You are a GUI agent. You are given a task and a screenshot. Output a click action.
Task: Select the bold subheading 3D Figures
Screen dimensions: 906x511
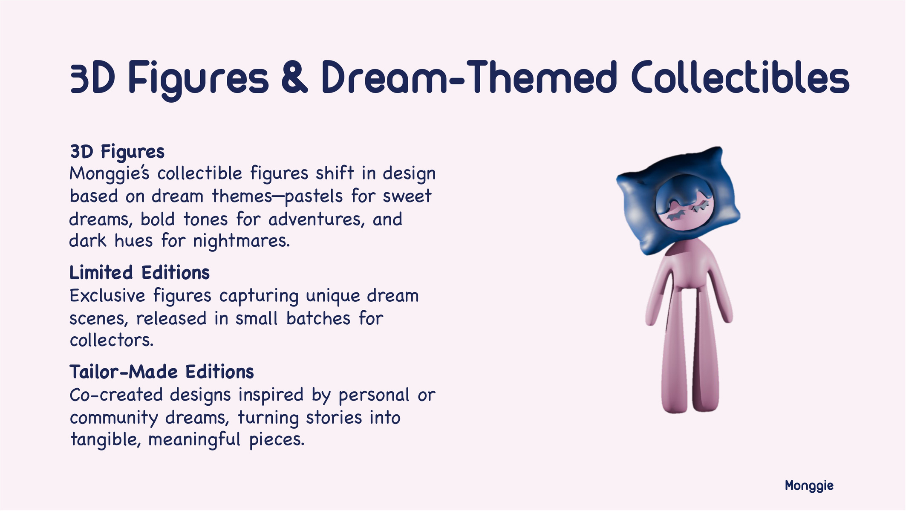pos(117,152)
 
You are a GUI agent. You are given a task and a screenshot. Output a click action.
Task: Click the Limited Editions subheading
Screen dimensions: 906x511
pos(139,273)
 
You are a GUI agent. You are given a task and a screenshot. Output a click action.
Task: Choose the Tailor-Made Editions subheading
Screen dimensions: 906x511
pos(162,372)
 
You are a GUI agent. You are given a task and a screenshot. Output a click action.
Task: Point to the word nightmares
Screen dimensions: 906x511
pos(241,241)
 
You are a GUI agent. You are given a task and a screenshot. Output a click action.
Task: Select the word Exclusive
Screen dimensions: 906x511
pos(107,296)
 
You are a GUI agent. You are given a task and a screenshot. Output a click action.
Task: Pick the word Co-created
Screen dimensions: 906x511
pos(116,395)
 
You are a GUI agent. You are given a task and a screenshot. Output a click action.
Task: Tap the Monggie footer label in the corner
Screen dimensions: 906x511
pos(809,486)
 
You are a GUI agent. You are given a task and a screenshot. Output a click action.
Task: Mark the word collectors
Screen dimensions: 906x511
pos(111,341)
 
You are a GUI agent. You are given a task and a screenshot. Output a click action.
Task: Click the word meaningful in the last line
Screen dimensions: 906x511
pos(195,439)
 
